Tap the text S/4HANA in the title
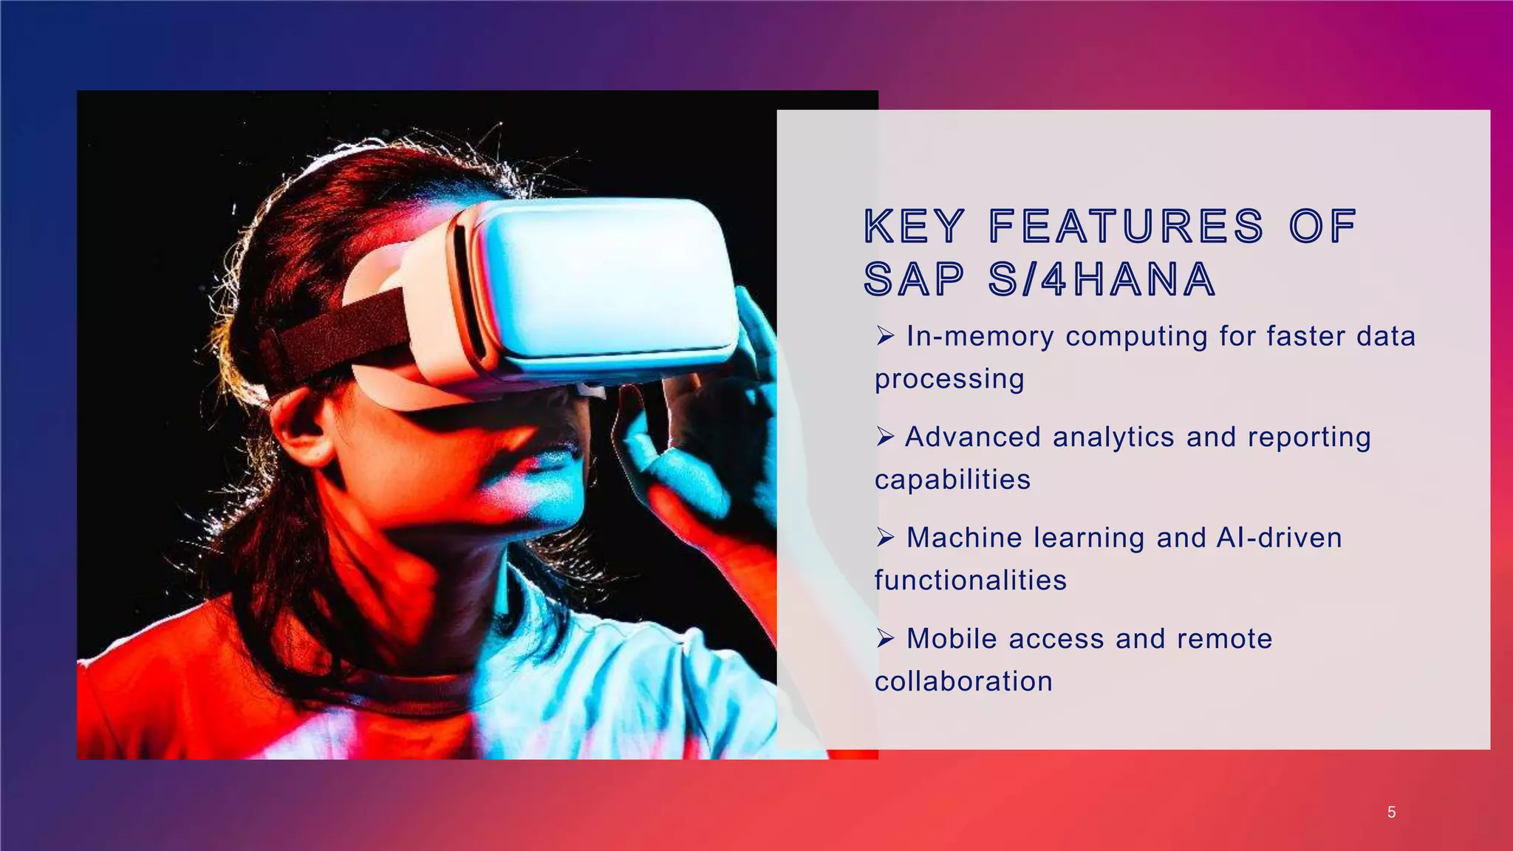(1102, 280)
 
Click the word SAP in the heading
(914, 280)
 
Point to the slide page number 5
(1391, 813)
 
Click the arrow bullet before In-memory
(885, 337)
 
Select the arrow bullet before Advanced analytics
(885, 437)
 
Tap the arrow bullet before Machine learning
(885, 538)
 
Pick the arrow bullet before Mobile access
(885, 639)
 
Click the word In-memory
(980, 337)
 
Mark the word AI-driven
(1278, 538)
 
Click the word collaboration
(963, 681)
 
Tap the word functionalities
(970, 581)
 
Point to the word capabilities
(952, 480)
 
